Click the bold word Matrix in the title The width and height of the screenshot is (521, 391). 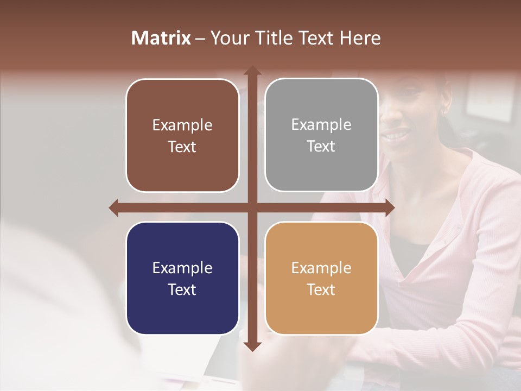(161, 38)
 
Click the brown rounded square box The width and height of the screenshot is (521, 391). (182, 136)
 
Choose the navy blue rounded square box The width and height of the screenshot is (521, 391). (182, 278)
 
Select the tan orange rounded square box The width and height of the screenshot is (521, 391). (321, 278)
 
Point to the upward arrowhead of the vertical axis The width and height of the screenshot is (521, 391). (251, 71)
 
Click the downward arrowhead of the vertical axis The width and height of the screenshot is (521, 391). (251, 346)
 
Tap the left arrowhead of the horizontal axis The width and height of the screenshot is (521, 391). (114, 207)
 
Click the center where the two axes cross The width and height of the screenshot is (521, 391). (251, 207)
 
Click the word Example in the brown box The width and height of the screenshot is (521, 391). (182, 125)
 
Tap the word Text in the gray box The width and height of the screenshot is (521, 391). (321, 146)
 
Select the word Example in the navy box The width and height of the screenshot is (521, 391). (182, 268)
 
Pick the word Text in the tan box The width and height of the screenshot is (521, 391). (321, 289)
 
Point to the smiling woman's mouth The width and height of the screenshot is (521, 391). (398, 134)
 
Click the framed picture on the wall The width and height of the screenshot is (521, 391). (491, 98)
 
